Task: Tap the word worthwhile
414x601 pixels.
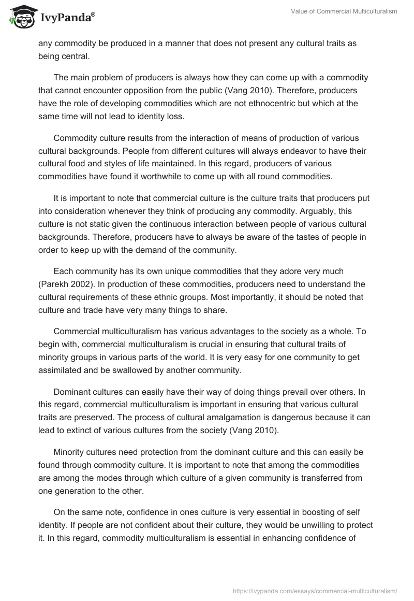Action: click(193, 177)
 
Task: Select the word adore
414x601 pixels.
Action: click(290, 271)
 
